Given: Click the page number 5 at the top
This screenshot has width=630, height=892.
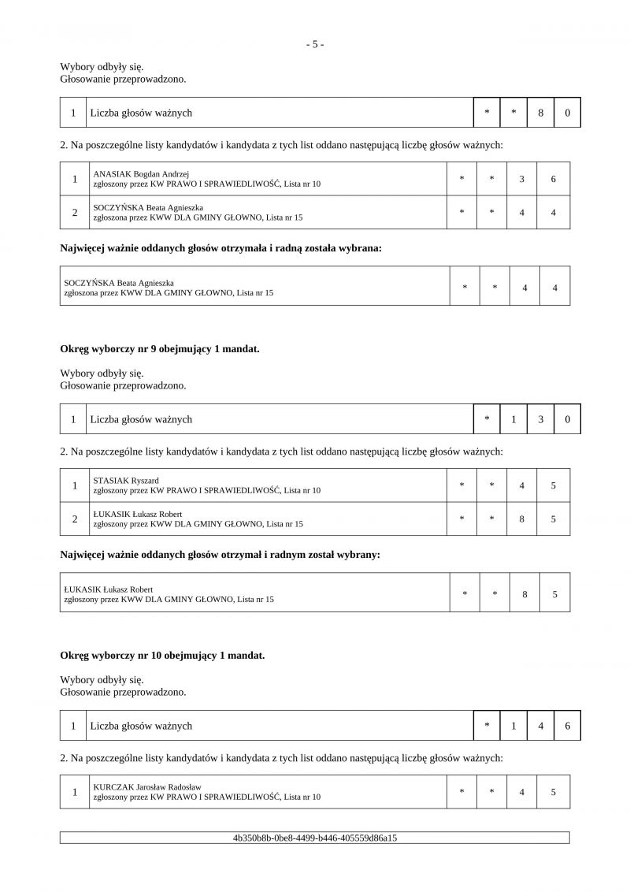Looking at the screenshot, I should pos(314,44).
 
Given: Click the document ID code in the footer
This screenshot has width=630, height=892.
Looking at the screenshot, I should pos(315,838).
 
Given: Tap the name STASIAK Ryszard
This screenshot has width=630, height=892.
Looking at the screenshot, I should pos(126,480).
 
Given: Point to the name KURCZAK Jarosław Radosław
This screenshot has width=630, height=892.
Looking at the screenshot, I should pos(147,786).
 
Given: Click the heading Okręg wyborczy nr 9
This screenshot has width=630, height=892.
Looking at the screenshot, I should pos(159,348).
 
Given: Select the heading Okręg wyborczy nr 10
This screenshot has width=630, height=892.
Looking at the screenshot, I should pos(162,655).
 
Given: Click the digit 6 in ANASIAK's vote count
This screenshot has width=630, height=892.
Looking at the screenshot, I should pos(554,179).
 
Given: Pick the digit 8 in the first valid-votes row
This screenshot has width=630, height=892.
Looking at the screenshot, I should pos(541,113).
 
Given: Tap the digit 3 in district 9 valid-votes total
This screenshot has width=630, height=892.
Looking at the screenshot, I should pos(541,419).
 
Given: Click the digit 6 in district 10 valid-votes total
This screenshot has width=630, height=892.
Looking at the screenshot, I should pos(568,726).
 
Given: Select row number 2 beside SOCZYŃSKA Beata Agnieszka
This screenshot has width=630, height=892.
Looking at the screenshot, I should pos(75,213).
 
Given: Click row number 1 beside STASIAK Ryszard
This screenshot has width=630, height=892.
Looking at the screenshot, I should pos(75,485).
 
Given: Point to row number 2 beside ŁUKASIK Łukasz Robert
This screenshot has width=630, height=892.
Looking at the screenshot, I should pos(75,519).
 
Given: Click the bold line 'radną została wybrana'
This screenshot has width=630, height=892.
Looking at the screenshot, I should pos(220,248).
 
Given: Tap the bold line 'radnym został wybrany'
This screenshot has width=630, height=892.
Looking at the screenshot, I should pos(220,555).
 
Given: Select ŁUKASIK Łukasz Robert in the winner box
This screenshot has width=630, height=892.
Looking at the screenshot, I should pos(108,589).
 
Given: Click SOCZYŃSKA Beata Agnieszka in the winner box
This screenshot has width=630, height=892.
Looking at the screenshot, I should pos(119,282).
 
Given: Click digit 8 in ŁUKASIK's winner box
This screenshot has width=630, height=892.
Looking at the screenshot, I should pos(524,594).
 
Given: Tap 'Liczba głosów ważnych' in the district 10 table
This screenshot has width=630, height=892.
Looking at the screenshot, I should pos(141,726).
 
